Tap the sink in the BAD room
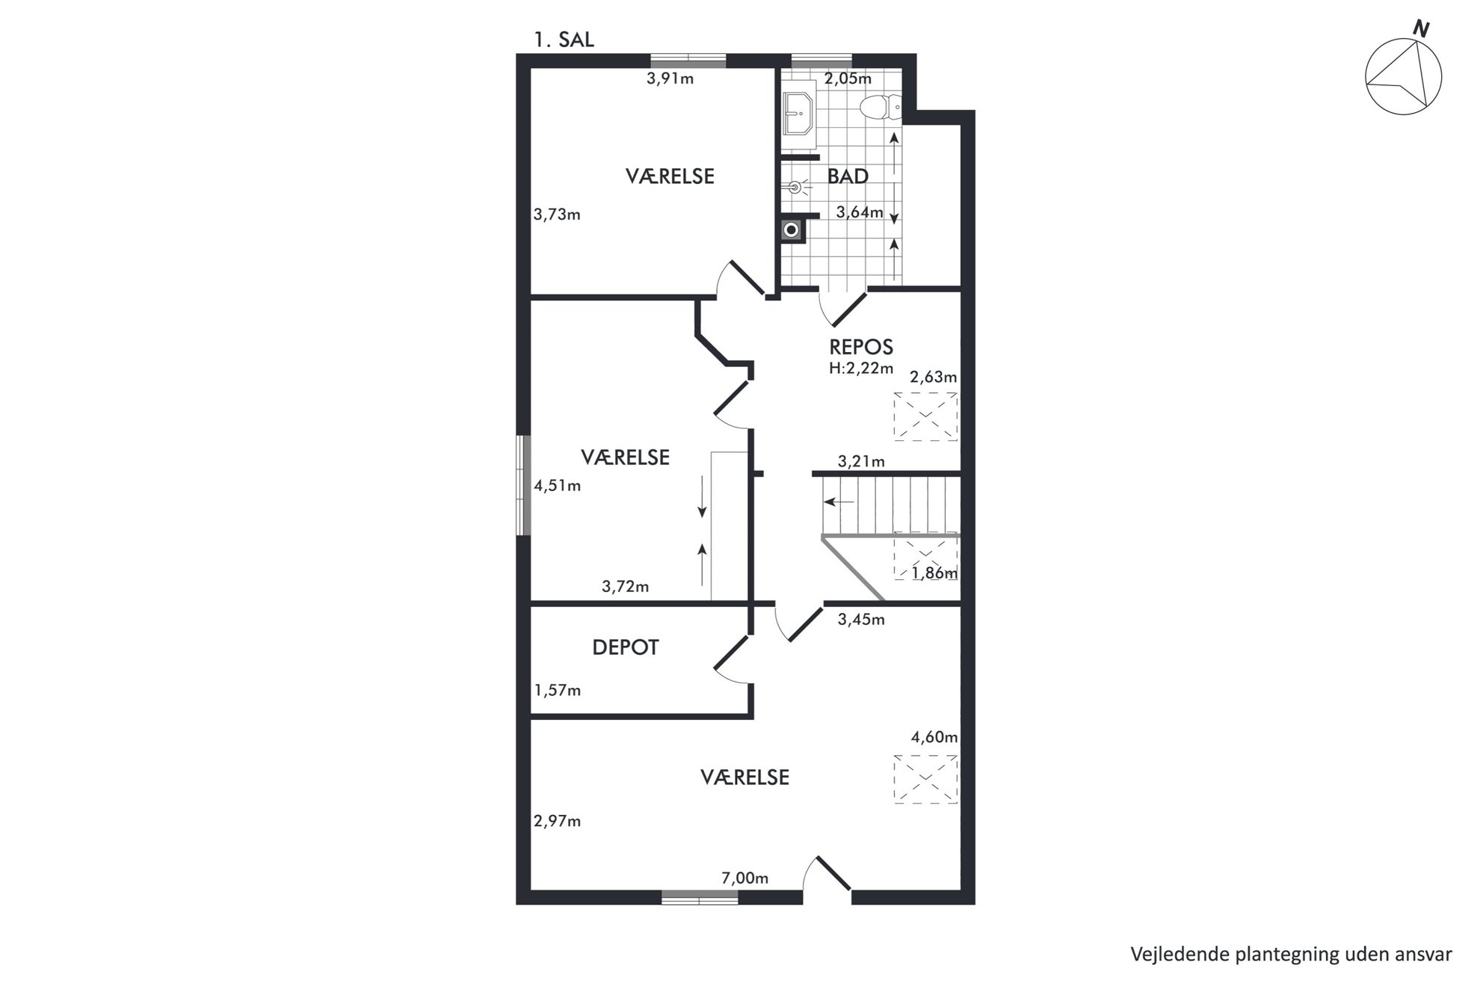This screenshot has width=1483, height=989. click(798, 114)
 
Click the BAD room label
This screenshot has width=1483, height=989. click(848, 176)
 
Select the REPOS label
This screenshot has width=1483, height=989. click(861, 347)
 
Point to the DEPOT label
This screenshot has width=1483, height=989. click(625, 647)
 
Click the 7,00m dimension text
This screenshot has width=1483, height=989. click(744, 878)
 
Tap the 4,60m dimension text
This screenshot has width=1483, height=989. click(934, 737)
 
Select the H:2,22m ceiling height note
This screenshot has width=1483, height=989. click(861, 368)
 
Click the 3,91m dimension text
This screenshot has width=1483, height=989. click(670, 78)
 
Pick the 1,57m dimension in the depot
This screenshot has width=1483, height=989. click(557, 690)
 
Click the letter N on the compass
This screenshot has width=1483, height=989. click(1420, 30)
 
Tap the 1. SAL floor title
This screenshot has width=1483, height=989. click(564, 40)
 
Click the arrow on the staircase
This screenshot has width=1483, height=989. click(839, 502)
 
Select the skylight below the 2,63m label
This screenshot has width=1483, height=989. click(925, 416)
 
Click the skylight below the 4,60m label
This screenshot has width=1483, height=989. click(925, 779)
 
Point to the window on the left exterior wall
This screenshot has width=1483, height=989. click(523, 484)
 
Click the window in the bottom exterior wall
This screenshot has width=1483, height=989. click(700, 897)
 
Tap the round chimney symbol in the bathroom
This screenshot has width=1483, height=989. click(791, 230)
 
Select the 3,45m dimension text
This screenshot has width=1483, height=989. click(861, 619)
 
